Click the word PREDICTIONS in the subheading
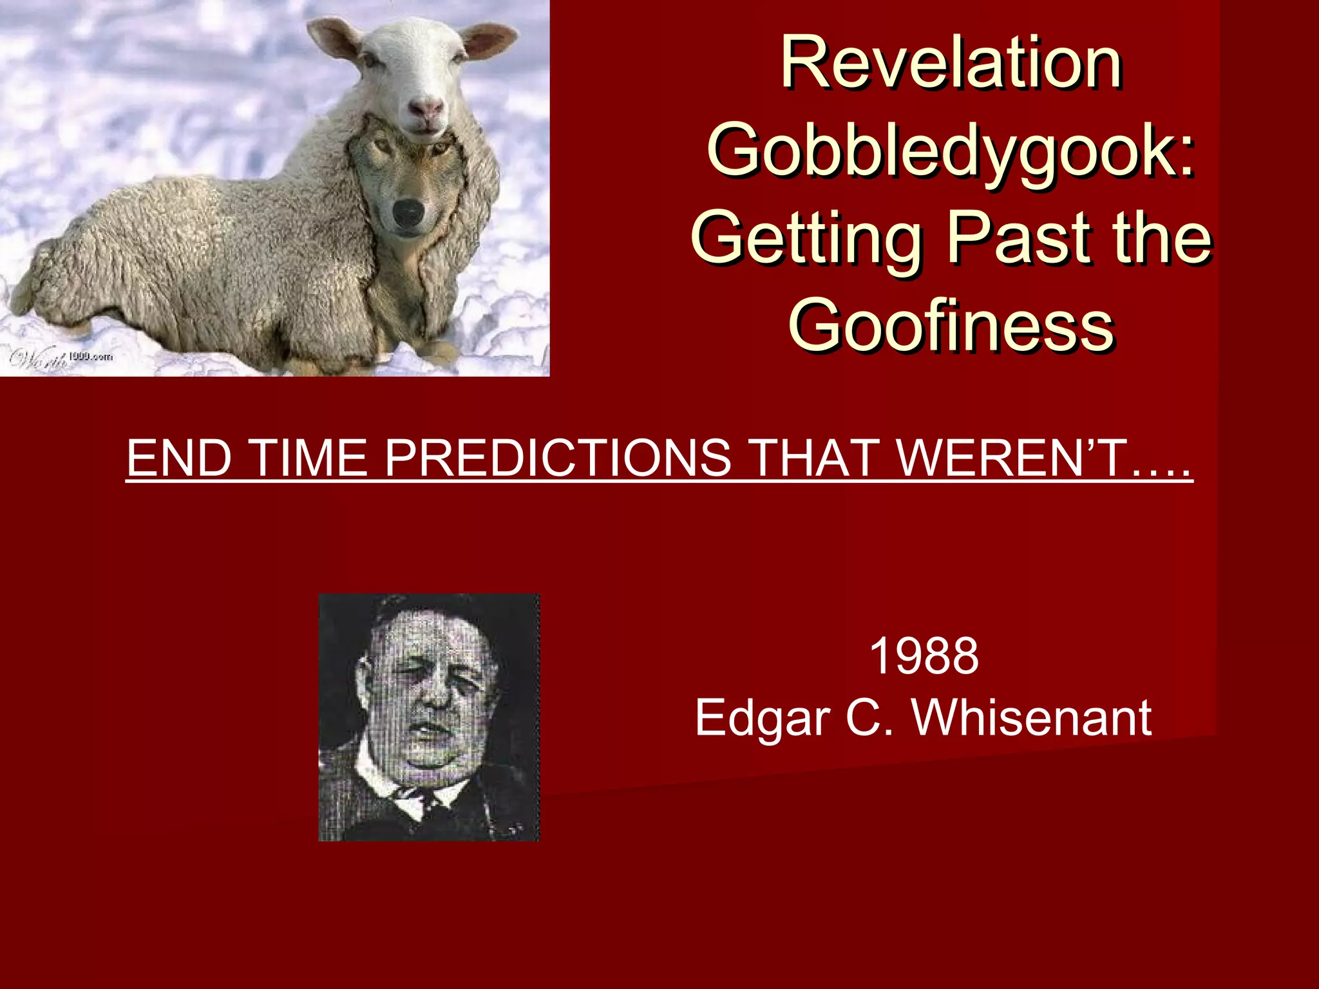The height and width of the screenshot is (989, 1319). point(558,458)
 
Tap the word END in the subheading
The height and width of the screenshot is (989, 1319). point(179,458)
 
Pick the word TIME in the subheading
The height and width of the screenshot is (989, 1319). point(308,458)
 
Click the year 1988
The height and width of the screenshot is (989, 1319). point(924,656)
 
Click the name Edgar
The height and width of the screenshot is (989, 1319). point(762,719)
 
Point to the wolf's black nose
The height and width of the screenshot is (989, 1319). point(408,212)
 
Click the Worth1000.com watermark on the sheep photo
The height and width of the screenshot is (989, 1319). point(61,358)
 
